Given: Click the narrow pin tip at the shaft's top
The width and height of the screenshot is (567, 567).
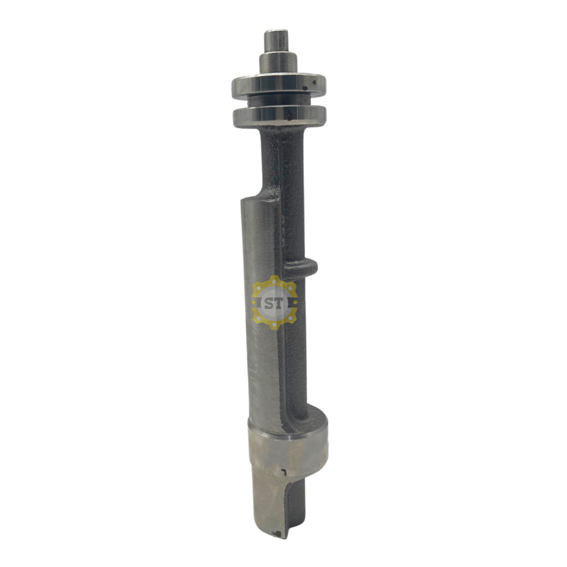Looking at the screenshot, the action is pyautogui.click(x=277, y=41).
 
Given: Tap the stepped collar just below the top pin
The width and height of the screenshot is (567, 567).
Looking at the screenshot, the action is pyautogui.click(x=278, y=63).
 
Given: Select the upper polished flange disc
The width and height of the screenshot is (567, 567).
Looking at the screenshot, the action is pyautogui.click(x=279, y=85).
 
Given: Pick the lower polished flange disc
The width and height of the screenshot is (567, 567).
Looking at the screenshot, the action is pyautogui.click(x=279, y=116).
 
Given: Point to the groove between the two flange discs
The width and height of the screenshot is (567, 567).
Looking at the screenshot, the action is pyautogui.click(x=279, y=102).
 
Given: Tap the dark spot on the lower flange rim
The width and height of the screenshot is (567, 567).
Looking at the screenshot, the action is pyautogui.click(x=289, y=115).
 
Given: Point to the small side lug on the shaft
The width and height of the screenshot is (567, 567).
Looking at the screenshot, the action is pyautogui.click(x=301, y=268).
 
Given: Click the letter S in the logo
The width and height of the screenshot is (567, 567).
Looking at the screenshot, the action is pyautogui.click(x=270, y=304).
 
